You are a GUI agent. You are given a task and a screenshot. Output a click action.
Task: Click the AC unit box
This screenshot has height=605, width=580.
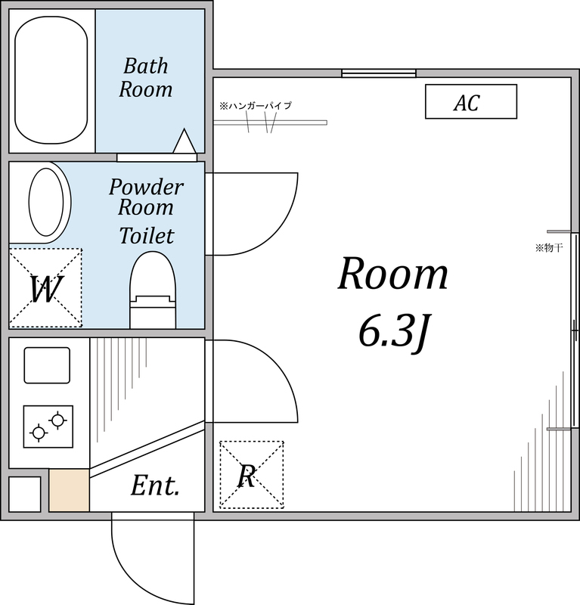[470, 101]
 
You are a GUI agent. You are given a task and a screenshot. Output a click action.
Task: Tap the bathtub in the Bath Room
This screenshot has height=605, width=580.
[51, 80]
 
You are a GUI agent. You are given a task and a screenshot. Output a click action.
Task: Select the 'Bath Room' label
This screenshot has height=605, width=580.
[146, 78]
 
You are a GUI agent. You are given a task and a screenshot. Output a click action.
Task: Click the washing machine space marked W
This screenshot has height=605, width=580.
[45, 288]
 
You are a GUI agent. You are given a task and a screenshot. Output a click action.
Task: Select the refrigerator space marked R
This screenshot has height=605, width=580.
[251, 475]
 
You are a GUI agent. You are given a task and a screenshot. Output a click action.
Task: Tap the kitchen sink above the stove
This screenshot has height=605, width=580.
[47, 365]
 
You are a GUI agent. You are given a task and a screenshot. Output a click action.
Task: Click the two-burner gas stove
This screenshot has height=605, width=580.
[48, 426]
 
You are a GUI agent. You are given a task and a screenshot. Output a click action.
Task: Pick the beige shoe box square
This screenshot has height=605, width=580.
[70, 490]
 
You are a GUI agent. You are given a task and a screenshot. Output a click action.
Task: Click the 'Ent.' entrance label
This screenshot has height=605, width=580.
[155, 486]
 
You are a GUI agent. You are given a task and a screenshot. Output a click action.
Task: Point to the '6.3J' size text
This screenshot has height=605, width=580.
[393, 334]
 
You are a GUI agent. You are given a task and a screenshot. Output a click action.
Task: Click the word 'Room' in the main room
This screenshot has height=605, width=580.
[392, 275]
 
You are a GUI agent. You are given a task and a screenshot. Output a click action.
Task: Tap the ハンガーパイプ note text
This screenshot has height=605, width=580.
[255, 106]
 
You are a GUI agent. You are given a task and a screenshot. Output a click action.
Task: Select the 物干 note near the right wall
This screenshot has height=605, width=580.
[549, 247]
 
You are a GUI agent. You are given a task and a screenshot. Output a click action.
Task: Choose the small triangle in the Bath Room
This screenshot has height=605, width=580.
[185, 141]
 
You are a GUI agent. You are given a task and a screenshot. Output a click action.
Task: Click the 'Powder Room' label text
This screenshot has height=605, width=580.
[146, 197]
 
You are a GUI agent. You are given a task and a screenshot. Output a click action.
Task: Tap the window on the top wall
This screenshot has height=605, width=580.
[378, 73]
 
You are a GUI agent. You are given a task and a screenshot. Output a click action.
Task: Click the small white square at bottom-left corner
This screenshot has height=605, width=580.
[24, 494]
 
